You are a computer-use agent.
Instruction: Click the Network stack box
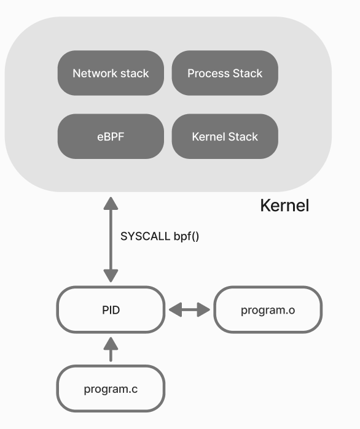pos(111,73)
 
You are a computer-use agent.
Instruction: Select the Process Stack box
pos(225,73)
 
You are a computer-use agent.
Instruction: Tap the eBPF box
pos(111,136)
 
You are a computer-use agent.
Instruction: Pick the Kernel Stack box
pos(225,136)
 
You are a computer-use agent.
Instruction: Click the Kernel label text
pos(284,206)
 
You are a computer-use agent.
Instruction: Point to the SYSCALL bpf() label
pos(160,236)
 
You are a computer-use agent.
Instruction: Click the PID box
pos(111,310)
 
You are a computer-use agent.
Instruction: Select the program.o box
pos(268,310)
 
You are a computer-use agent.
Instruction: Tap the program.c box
pos(111,388)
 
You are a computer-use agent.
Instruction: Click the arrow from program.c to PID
pos(111,349)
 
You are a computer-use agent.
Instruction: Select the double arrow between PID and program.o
pos(189,310)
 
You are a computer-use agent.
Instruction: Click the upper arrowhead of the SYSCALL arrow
pos(111,203)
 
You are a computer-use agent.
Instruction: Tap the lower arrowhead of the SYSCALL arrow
pos(111,276)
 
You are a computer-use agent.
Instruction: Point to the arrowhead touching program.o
pos(204,310)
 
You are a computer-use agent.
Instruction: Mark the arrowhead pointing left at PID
pos(176,310)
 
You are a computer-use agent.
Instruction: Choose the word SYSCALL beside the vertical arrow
pos(146,236)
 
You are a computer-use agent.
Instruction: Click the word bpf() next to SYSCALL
pos(186,237)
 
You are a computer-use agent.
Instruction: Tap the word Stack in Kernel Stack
pos(243,137)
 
